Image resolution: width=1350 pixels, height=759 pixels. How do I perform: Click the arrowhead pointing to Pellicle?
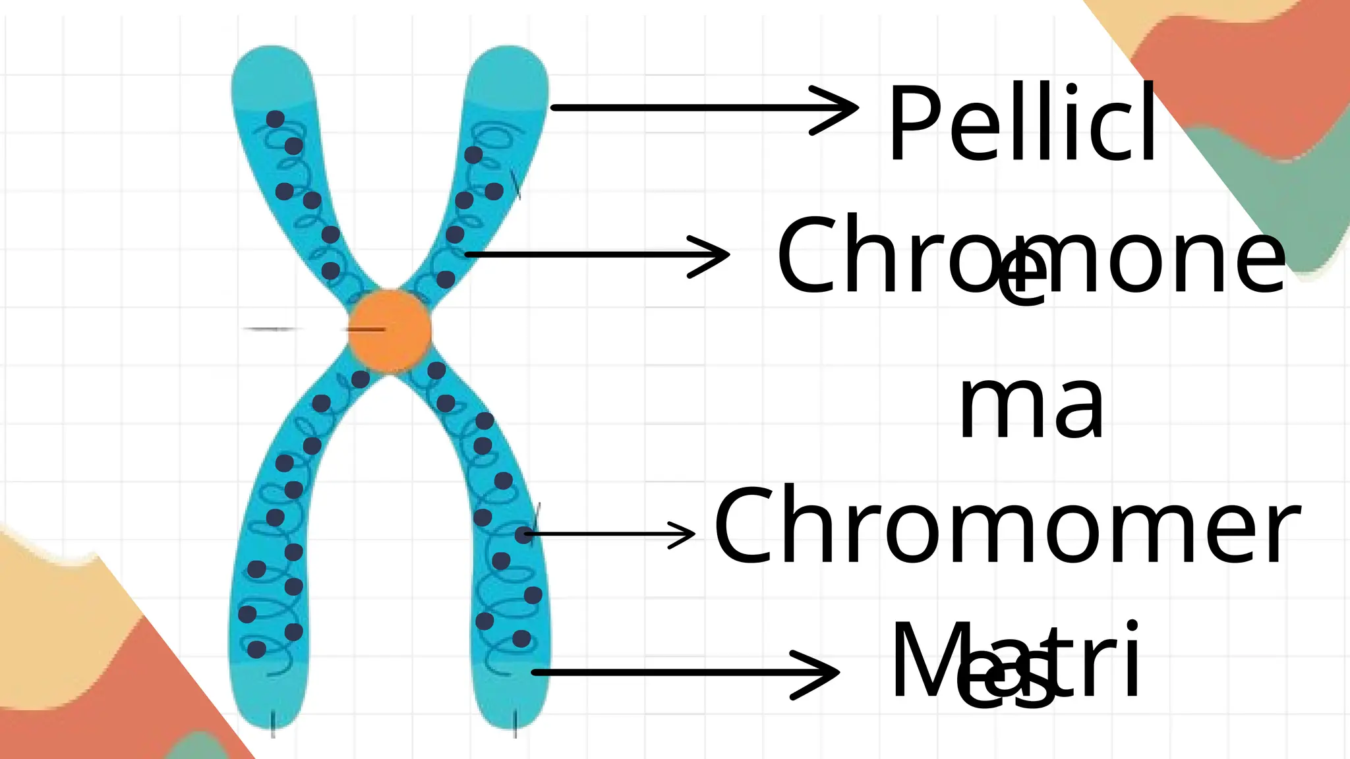(x=847, y=108)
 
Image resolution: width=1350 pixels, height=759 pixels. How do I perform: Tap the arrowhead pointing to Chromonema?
(x=719, y=255)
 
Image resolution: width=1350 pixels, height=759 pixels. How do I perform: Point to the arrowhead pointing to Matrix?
(x=827, y=672)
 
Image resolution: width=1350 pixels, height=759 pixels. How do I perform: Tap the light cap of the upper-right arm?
(x=508, y=76)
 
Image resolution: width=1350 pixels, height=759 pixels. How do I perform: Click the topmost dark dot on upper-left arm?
(x=275, y=119)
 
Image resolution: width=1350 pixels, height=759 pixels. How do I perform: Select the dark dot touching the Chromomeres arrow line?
(x=524, y=534)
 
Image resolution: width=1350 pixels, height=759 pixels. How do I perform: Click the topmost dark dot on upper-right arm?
(x=473, y=155)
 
